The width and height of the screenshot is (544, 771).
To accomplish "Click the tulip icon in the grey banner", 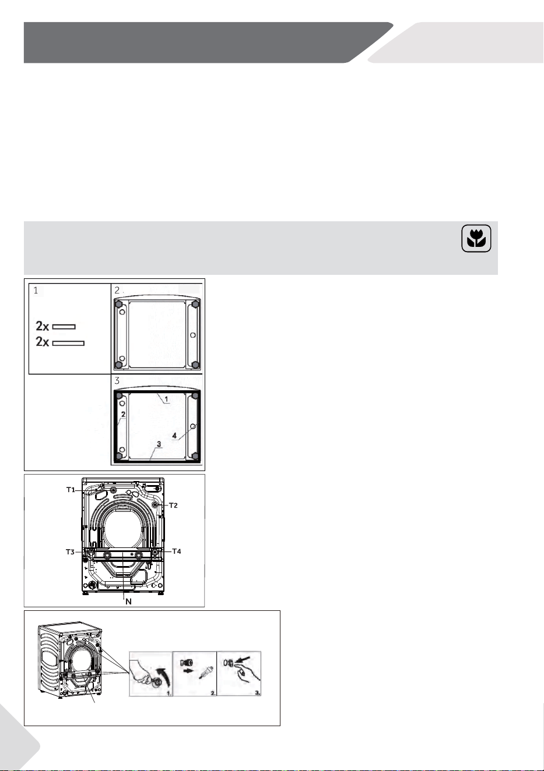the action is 476,239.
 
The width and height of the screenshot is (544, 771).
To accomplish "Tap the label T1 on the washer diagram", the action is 71,490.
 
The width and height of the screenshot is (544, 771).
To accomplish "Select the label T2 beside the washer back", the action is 173,505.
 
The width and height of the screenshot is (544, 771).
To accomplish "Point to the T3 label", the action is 70,551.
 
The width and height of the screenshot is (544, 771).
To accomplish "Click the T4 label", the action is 177,551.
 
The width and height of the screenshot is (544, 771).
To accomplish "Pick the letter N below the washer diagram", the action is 128,602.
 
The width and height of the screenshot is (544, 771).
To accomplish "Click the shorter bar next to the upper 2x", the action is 64,327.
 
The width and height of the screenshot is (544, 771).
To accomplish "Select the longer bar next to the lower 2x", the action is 68,343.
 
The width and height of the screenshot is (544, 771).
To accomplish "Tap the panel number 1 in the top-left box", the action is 36,291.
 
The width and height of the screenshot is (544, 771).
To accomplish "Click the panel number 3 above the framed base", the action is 117,381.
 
